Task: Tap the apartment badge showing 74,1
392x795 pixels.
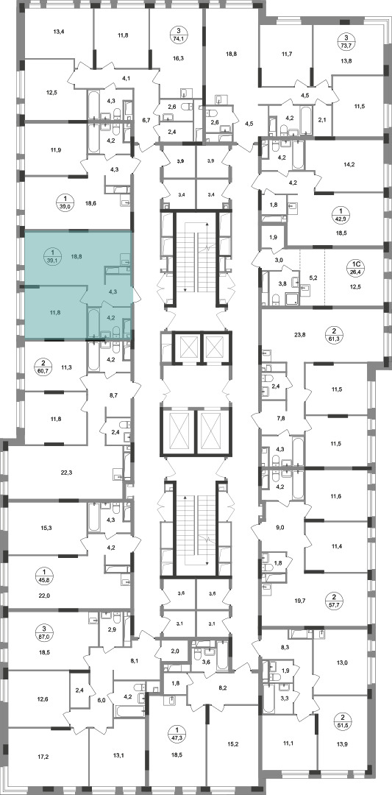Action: [178, 35]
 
